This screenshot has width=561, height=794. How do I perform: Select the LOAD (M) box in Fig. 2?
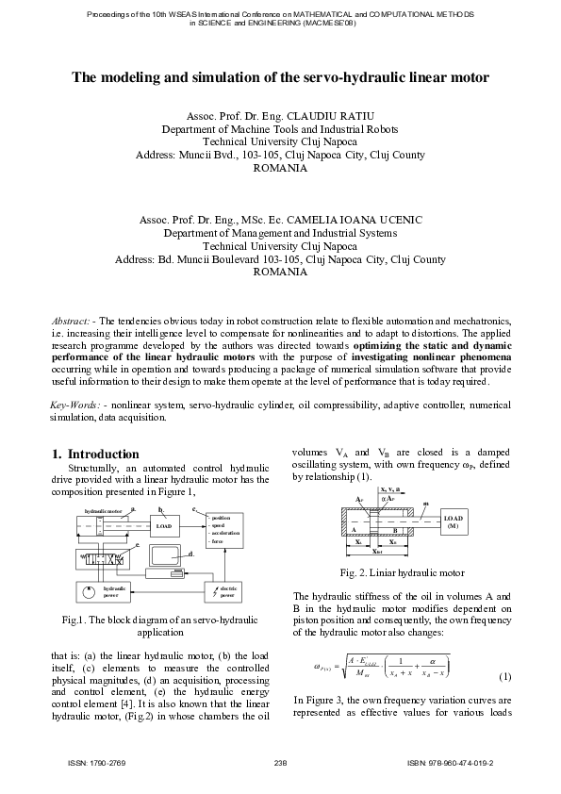[x=454, y=522]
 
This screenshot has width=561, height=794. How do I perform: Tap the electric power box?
[x=223, y=592]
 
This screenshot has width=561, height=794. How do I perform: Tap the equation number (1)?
[x=504, y=676]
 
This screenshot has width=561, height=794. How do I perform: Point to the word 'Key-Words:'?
[x=75, y=405]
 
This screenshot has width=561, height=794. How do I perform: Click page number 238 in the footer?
[x=280, y=762]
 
